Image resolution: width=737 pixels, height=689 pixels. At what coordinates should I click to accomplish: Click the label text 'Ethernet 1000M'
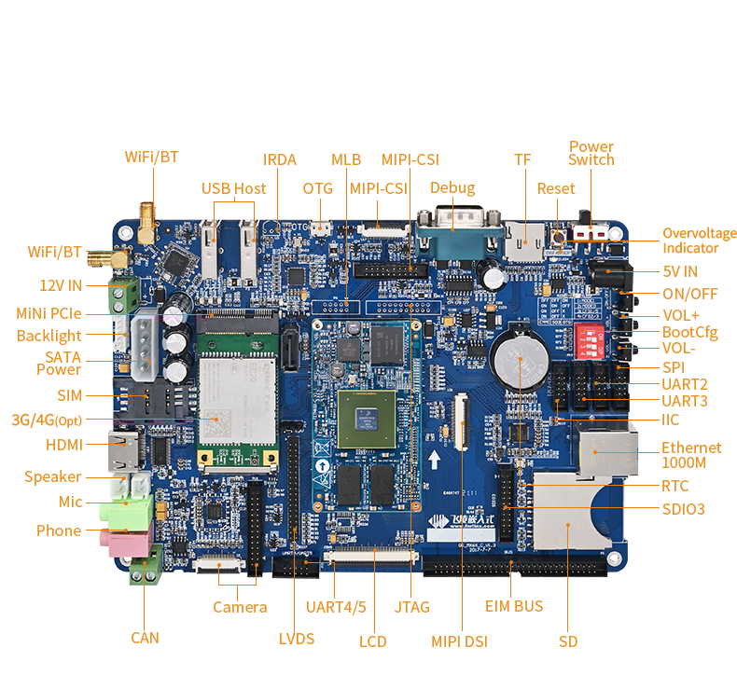[x=692, y=454]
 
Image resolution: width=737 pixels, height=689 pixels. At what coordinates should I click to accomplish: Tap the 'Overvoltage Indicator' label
[x=699, y=241]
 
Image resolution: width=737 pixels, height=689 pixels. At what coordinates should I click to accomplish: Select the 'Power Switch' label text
[x=591, y=153]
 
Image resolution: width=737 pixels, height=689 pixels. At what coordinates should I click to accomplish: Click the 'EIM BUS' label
[x=514, y=606]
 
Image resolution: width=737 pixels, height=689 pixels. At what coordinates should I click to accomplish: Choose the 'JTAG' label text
[x=411, y=607]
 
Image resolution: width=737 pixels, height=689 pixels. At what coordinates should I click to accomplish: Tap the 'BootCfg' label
[x=690, y=331]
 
